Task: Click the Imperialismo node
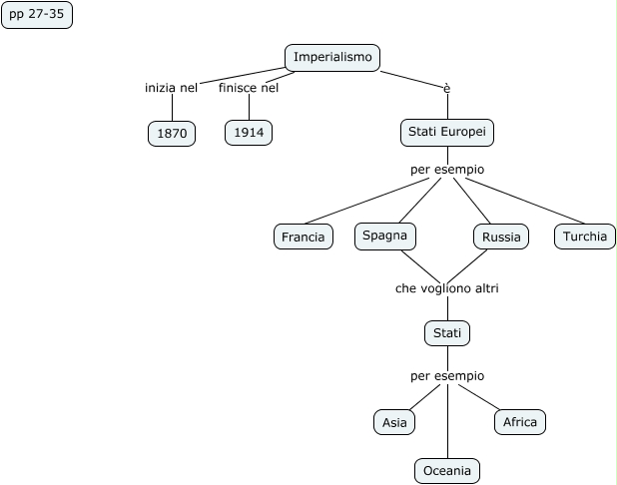coord(333,58)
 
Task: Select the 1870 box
coord(172,133)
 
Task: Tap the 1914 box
coord(249,133)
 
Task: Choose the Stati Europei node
coord(447,132)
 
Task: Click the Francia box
coord(304,237)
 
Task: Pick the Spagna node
coord(384,236)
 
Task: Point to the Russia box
coord(501,237)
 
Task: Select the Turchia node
coord(585,237)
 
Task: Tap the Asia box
coord(394,422)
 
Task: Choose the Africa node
coord(520,422)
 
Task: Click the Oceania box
coord(447,471)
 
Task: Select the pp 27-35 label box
coord(37,16)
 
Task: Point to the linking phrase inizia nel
coord(172,87)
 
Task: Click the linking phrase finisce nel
coord(249,87)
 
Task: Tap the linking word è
coord(447,88)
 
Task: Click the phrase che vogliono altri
coord(446,288)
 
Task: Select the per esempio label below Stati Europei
coord(447,169)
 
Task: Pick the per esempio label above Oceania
coord(447,376)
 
